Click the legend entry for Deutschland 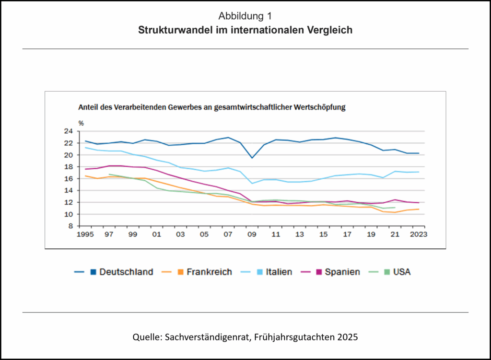tap(126, 272)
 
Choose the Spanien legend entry tap(342, 272)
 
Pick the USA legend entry tap(402, 272)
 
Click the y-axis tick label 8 tap(70, 226)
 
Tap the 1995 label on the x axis tap(85, 234)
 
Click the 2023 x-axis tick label tap(418, 234)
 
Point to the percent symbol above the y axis tap(81, 123)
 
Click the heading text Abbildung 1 tap(245, 16)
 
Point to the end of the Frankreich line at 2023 tap(418, 209)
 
